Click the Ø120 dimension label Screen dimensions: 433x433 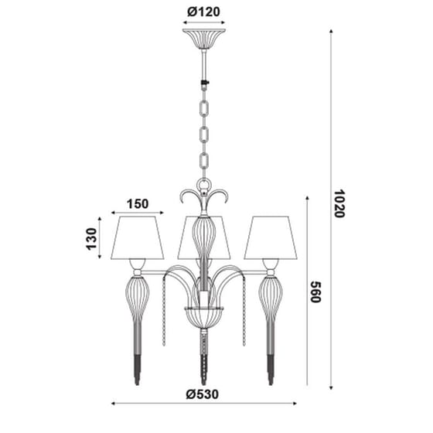pyautogui.click(x=203, y=12)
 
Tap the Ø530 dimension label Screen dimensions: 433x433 pyautogui.click(x=202, y=394)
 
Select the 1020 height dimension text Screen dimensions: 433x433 pyautogui.click(x=339, y=203)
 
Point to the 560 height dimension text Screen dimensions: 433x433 pyautogui.click(x=315, y=292)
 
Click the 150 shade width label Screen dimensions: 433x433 pyautogui.click(x=138, y=204)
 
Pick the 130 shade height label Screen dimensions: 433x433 pyautogui.click(x=92, y=239)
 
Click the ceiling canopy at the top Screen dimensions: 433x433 pyautogui.click(x=204, y=39)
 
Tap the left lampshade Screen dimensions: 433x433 pyautogui.click(x=138, y=238)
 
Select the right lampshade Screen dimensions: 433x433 pyautogui.click(x=271, y=238)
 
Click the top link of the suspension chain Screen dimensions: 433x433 pyautogui.click(x=204, y=109)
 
